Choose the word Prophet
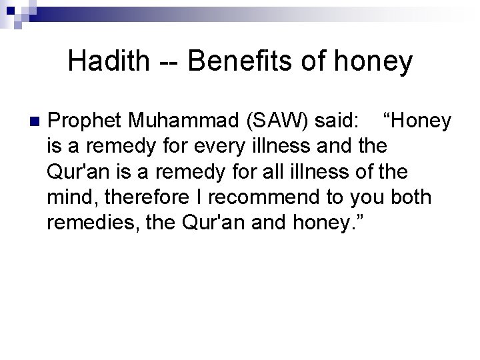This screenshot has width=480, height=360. (86, 122)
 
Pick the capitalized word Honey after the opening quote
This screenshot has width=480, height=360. (421, 122)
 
